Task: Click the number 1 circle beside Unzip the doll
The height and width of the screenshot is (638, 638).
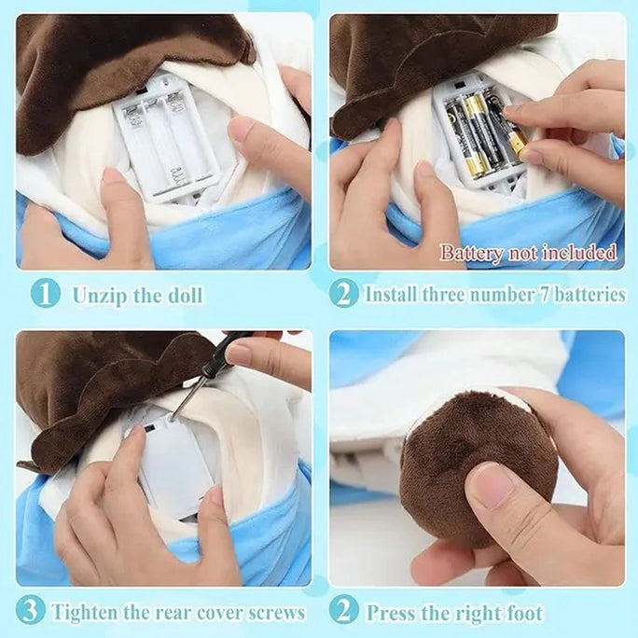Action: tap(44, 295)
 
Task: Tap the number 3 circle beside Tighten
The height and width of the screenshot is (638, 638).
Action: tap(30, 613)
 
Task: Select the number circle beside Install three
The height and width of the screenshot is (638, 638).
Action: tap(343, 295)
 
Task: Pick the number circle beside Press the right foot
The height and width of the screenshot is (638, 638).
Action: tap(343, 613)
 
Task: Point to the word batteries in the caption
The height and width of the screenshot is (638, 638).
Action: tap(586, 295)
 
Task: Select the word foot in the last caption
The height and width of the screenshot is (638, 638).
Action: tap(524, 614)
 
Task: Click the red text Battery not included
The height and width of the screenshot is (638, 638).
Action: tap(528, 253)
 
